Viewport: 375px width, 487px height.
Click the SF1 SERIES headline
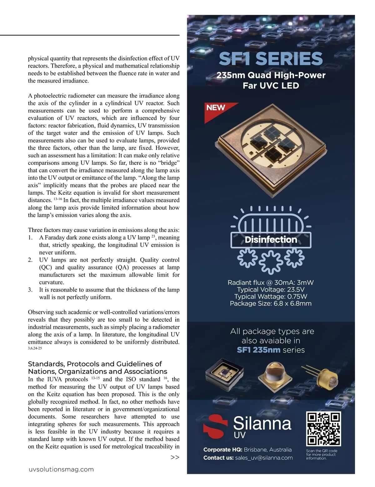(x=271, y=59)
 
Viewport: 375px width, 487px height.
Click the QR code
(x=323, y=429)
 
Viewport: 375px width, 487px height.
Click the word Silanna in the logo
(x=262, y=423)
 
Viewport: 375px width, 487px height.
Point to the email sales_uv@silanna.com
(x=264, y=458)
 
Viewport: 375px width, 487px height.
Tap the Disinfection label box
(x=271, y=240)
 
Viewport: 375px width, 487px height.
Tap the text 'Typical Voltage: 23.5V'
(x=271, y=289)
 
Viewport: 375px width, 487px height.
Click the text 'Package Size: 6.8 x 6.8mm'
(x=271, y=304)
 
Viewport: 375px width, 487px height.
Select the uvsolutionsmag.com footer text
(x=61, y=469)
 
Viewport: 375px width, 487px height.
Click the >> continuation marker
(x=175, y=457)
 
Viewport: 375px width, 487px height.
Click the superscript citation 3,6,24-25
(x=35, y=348)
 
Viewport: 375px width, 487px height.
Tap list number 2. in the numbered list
(x=30, y=260)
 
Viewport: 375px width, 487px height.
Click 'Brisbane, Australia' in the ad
(x=267, y=449)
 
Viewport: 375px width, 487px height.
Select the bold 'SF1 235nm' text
(x=258, y=350)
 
